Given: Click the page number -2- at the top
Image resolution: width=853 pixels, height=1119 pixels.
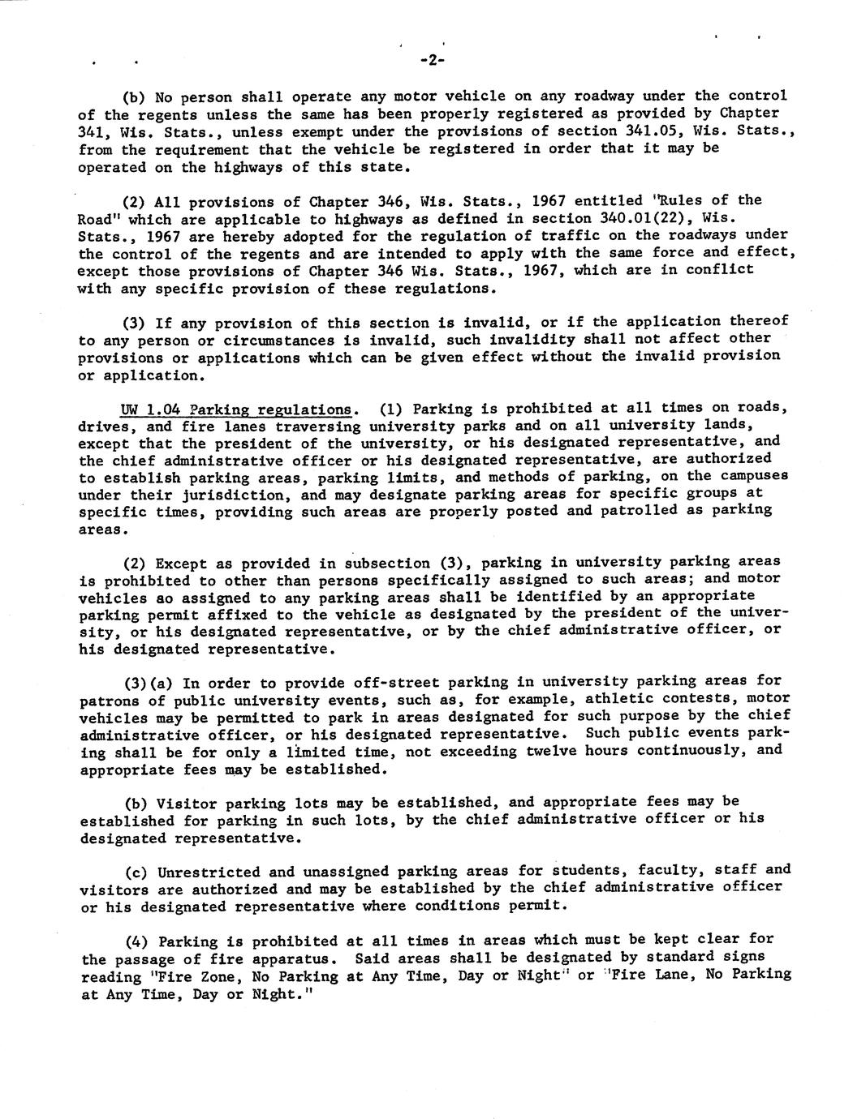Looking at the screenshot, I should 434,60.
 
